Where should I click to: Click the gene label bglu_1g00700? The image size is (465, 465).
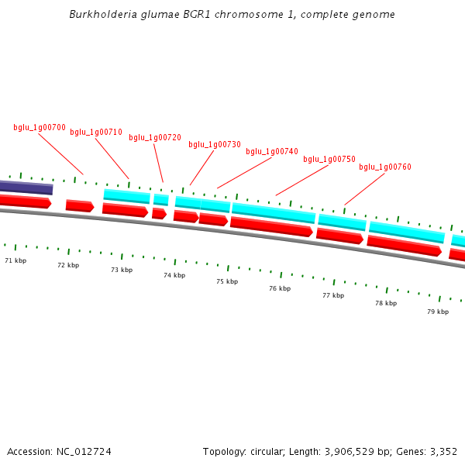(x=40, y=127)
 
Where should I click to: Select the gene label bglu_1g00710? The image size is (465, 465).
(x=96, y=132)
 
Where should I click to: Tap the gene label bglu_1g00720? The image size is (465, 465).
(x=155, y=137)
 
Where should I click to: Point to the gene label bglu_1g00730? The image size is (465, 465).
(x=215, y=144)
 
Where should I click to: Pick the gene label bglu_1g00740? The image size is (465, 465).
(x=272, y=151)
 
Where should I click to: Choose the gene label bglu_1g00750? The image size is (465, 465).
(x=329, y=159)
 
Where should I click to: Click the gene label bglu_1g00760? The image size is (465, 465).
(x=385, y=167)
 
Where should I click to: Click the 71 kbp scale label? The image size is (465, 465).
(x=15, y=260)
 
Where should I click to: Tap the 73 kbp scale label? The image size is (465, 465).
(x=122, y=270)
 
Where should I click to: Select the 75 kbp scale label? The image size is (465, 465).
(x=227, y=281)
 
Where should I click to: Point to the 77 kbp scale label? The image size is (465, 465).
(x=333, y=295)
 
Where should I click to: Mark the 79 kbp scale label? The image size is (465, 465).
(x=438, y=312)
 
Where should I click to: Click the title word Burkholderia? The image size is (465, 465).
(x=98, y=14)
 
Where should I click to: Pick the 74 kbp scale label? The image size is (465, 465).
(x=174, y=275)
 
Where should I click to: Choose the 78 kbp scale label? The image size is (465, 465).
(x=386, y=303)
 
